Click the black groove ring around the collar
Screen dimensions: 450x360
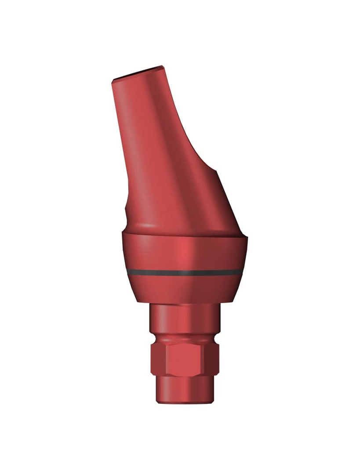(185, 272)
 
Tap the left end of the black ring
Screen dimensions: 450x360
(128, 272)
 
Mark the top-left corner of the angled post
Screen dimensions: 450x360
(113, 80)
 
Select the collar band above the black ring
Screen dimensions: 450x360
(185, 253)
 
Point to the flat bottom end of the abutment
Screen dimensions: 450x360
(185, 403)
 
